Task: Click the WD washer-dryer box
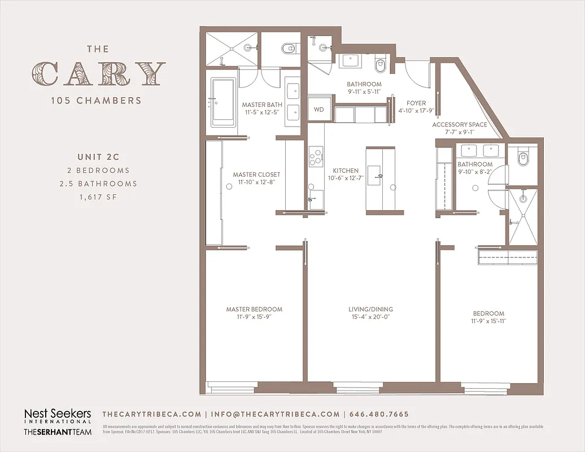pos(319,109)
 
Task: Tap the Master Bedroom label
pos(254,309)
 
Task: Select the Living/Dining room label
pos(370,309)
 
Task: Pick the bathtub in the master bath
pos(222,102)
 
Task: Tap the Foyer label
pos(416,103)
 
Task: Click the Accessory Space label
pos(459,124)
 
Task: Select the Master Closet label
pos(256,175)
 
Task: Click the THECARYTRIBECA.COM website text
pos(151,414)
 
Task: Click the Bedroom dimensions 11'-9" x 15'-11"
pos(489,321)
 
